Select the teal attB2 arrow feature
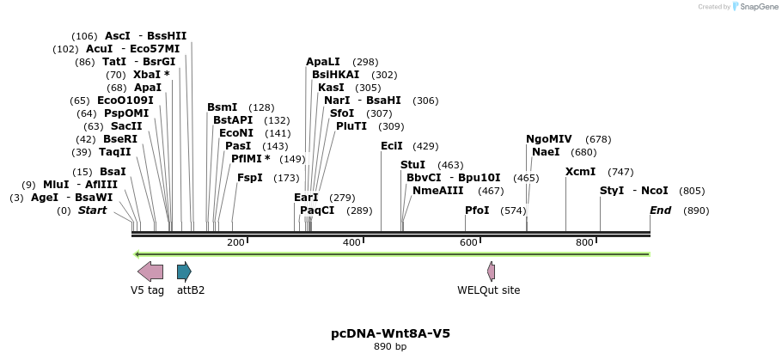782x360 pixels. [x=184, y=272]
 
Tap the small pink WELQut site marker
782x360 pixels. [x=491, y=272]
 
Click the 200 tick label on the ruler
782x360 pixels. [x=235, y=243]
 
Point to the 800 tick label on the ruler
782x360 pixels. [x=584, y=243]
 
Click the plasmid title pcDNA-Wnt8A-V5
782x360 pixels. [x=390, y=333]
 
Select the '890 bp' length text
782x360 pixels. [x=390, y=346]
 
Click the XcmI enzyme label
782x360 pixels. [x=580, y=172]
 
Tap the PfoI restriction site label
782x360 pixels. [x=477, y=211]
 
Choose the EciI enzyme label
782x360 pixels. [x=391, y=147]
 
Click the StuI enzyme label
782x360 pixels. [x=412, y=165]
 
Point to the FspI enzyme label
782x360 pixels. [x=249, y=178]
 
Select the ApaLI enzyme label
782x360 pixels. [x=323, y=62]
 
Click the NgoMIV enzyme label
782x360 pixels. [x=548, y=139]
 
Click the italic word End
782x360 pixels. [x=660, y=211]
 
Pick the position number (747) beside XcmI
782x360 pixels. [x=620, y=172]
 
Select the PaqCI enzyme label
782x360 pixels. [x=317, y=211]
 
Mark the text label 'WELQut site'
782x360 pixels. [x=488, y=290]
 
